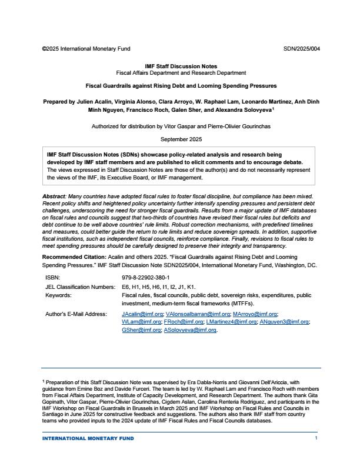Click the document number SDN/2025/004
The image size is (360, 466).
302,48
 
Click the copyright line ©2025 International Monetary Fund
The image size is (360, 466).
86,48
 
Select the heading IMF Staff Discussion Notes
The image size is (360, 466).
181,66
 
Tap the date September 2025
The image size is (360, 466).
181,139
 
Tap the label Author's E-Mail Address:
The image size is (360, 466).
76,314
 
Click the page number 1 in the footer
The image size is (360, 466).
316,438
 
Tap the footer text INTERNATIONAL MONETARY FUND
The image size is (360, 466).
88,438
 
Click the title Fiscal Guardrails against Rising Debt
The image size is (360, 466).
181,86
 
